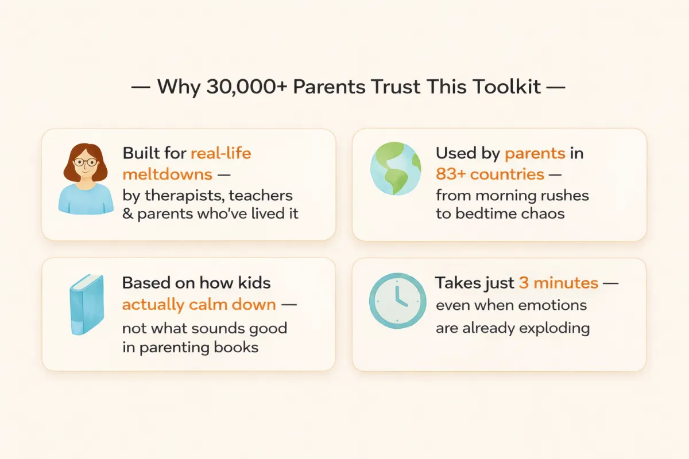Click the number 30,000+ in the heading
coord(247,87)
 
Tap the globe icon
coord(396,169)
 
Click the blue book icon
coord(87,304)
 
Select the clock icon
coord(398,301)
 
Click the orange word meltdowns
coord(167,174)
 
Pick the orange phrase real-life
coord(221,153)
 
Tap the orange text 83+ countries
coord(490,174)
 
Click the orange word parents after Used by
coord(535,154)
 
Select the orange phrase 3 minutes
coord(559,283)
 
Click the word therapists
coord(184,196)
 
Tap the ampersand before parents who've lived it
coord(127,213)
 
